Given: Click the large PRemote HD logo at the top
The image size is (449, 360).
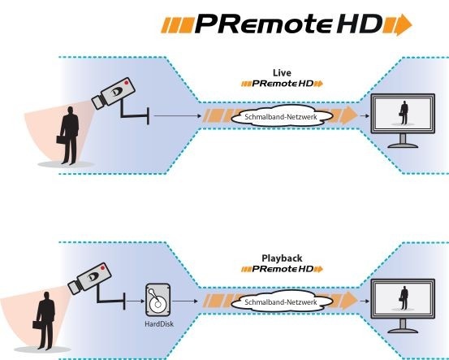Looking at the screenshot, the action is coord(287,24).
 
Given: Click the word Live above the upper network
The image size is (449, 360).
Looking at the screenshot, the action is coord(282,73).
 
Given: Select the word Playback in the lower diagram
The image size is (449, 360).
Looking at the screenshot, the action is coord(282,258).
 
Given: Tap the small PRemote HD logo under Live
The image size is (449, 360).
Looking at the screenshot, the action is coord(282,84).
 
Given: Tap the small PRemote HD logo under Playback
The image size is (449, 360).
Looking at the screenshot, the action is coord(282,269).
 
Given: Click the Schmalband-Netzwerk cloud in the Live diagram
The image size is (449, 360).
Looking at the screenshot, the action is coord(282,116).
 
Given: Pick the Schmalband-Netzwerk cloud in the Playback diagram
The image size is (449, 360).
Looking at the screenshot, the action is coord(282,301).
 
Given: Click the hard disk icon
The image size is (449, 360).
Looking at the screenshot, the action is coord(158,300).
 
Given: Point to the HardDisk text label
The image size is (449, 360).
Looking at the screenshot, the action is coord(159,324).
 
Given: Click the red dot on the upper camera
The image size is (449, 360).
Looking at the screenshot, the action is coord(127,83).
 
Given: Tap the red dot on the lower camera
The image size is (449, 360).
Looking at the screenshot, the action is coord(102,267).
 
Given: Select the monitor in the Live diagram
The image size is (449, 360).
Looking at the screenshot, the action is coord(403,120).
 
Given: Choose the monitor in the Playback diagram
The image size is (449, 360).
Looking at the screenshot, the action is coord(403,306).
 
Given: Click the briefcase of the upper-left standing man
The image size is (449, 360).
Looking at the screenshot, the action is coord(61,140).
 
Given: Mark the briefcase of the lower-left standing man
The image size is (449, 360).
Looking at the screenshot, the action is coord(37,325).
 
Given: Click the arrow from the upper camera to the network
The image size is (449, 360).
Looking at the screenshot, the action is coord(178,115).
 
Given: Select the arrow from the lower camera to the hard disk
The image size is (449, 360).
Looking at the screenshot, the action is coord(135,301).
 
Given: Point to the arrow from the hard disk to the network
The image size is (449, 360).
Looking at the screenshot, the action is coord(185,301).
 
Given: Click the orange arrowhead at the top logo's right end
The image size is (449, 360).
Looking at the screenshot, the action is coord(404,25).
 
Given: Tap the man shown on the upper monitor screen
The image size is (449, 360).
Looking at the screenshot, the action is coord(404,112).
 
